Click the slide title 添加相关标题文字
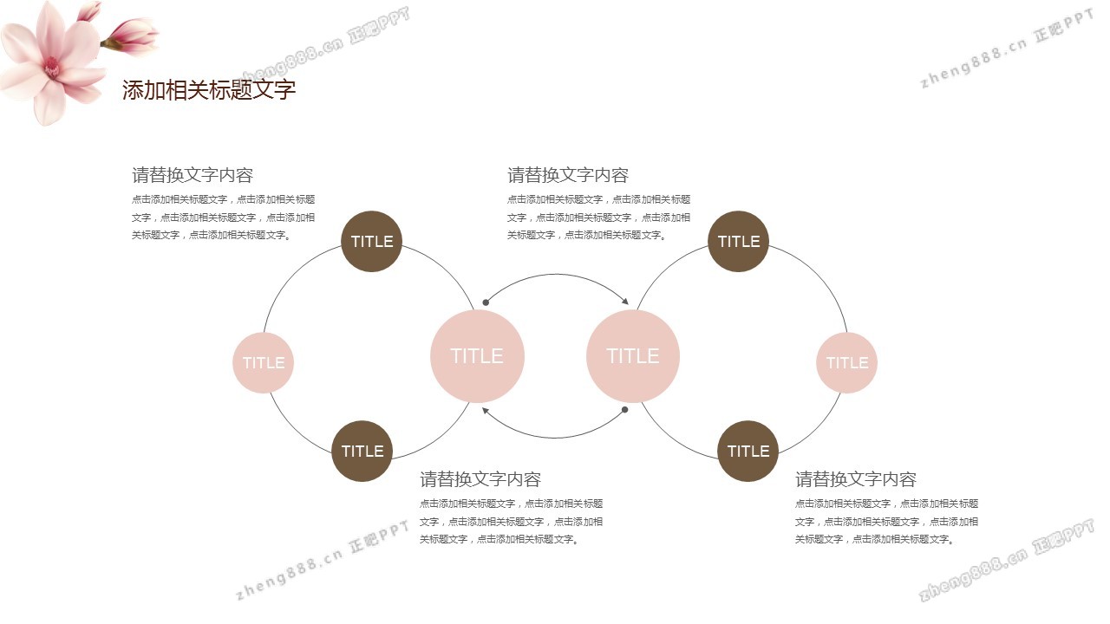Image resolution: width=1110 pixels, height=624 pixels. (x=209, y=90)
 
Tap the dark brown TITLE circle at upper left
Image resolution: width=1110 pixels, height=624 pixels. (x=372, y=241)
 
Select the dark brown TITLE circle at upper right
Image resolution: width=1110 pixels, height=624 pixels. (x=738, y=241)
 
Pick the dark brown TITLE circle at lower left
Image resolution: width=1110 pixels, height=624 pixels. (x=362, y=452)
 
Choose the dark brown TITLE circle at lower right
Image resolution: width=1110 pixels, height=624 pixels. (x=748, y=452)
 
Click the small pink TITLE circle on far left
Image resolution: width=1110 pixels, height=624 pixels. (x=263, y=363)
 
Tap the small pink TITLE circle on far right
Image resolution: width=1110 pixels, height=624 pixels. (x=847, y=363)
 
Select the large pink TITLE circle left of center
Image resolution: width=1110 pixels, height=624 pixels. (x=477, y=356)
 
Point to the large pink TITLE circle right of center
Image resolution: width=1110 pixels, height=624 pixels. (x=633, y=356)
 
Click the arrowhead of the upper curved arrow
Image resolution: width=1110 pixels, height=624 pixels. (x=626, y=301)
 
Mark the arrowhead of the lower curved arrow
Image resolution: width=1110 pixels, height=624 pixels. (x=485, y=411)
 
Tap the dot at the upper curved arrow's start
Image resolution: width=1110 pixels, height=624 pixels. (x=486, y=302)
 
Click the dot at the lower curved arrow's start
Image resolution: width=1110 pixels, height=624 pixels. (x=625, y=410)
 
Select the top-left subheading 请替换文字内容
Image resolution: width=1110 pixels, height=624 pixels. (x=193, y=175)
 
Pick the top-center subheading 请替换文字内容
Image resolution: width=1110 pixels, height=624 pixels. (x=568, y=175)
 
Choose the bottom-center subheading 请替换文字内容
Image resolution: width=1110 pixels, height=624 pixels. (x=480, y=479)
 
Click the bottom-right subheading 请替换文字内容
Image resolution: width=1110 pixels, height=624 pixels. (x=856, y=479)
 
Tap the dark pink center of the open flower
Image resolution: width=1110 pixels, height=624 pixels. (x=51, y=68)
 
